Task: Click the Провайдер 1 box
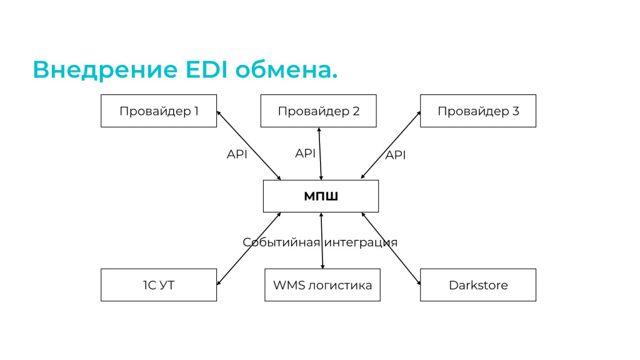159,111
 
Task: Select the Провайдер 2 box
318,111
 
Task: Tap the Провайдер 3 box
478,111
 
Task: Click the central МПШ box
321,196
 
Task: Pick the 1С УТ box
159,285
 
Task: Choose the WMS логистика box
322,285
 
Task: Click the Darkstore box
478,285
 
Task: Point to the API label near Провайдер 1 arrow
237,154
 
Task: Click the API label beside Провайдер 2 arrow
305,153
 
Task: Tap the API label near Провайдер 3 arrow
396,155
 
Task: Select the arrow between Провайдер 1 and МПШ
249,145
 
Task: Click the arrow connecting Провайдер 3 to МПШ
391,145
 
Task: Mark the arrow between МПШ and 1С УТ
249,249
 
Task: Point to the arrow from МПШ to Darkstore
391,249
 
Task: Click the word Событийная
281,242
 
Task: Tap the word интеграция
361,242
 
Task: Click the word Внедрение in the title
105,69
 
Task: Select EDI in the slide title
206,69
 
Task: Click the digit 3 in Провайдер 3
516,111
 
